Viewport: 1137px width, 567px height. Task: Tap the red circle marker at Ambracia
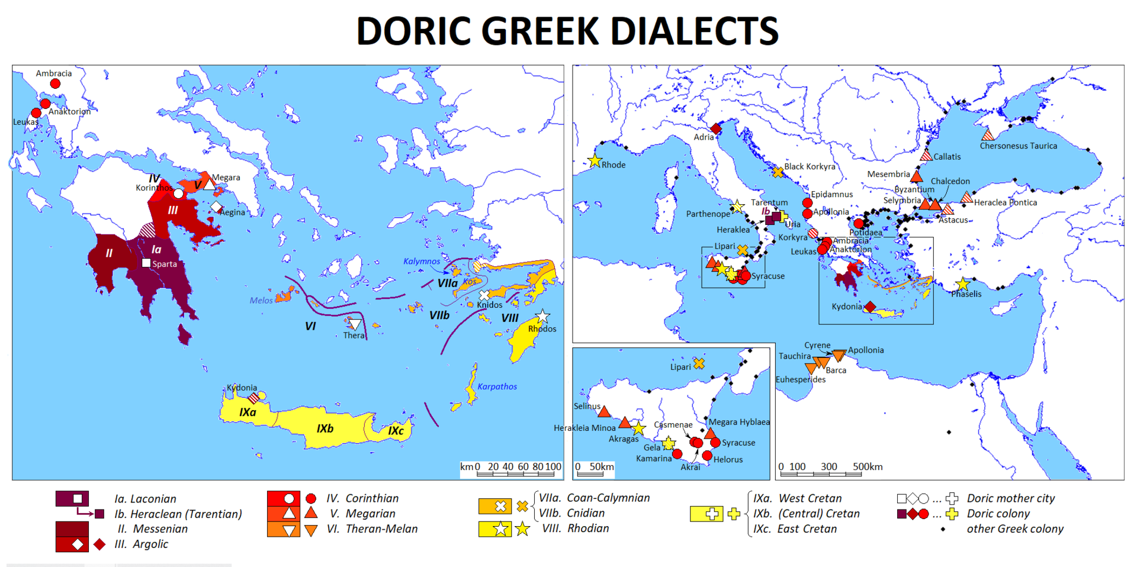[55, 84]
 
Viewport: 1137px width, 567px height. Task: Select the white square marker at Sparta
[146, 263]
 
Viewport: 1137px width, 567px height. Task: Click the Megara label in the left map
[226, 178]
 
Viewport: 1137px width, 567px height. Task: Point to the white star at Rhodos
[542, 316]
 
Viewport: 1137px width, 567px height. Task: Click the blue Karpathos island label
[497, 386]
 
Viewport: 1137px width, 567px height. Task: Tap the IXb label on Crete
[325, 429]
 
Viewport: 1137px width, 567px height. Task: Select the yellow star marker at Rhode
[595, 161]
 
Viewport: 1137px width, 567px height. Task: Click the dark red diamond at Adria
[716, 128]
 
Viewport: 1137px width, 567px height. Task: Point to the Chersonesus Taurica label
[1018, 146]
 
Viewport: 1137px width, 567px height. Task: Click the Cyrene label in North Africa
[817, 345]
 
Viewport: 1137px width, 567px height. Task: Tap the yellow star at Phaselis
[963, 285]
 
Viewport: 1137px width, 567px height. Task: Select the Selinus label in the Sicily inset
[587, 406]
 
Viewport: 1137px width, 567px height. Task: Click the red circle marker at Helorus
[707, 456]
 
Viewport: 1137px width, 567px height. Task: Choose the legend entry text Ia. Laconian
[146, 499]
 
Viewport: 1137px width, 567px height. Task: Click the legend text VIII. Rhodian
[576, 529]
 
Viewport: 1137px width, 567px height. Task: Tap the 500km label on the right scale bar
[868, 467]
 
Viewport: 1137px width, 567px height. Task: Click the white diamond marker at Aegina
[217, 207]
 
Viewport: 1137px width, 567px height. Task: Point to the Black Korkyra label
[810, 166]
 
